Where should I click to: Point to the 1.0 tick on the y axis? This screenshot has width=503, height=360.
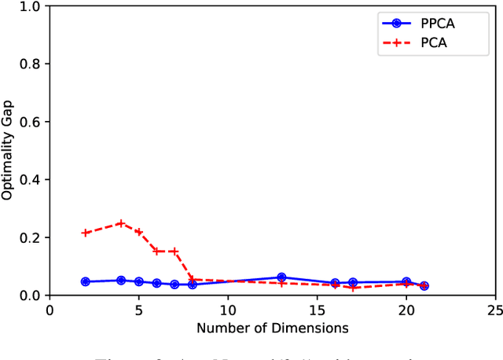tap(31, 6)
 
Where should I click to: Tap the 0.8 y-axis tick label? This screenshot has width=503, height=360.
tap(31, 64)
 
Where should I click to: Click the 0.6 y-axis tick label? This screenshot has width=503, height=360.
tap(31, 122)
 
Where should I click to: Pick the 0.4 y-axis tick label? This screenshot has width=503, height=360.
tap(31, 180)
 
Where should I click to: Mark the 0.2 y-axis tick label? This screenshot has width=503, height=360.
tap(31, 237)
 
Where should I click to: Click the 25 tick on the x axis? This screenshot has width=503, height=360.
tap(495, 310)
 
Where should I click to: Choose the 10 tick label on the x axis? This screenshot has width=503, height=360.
tap(228, 310)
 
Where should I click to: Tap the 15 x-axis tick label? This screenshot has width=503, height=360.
tap(317, 310)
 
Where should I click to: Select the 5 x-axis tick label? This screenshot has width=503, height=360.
tap(138, 310)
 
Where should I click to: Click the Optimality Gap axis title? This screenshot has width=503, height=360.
tap(8, 151)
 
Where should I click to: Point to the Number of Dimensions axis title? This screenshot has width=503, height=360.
tap(272, 327)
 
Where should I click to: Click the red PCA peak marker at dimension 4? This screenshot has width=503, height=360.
tap(121, 223)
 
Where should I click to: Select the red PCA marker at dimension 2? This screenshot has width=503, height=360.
tap(85, 233)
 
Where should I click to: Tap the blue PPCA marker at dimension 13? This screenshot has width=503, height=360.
tap(281, 277)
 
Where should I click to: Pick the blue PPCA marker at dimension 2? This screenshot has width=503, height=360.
tap(85, 281)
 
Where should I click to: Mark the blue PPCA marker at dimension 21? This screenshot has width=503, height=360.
tap(424, 286)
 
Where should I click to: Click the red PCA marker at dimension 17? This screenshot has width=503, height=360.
tap(353, 288)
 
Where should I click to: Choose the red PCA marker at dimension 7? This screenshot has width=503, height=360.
tap(174, 252)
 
